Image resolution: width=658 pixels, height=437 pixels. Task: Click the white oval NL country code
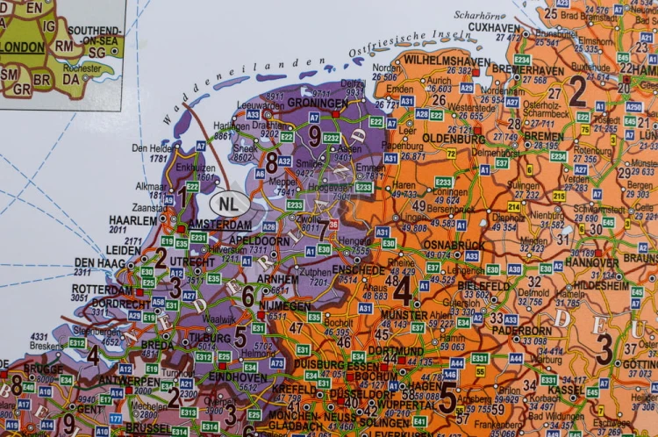[228, 204]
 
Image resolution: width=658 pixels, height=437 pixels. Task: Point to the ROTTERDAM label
[103, 289]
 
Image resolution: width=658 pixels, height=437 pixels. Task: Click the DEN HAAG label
[96, 262]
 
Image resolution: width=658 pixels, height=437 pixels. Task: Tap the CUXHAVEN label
[494, 27]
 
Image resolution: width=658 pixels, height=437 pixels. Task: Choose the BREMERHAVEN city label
[527, 70]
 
